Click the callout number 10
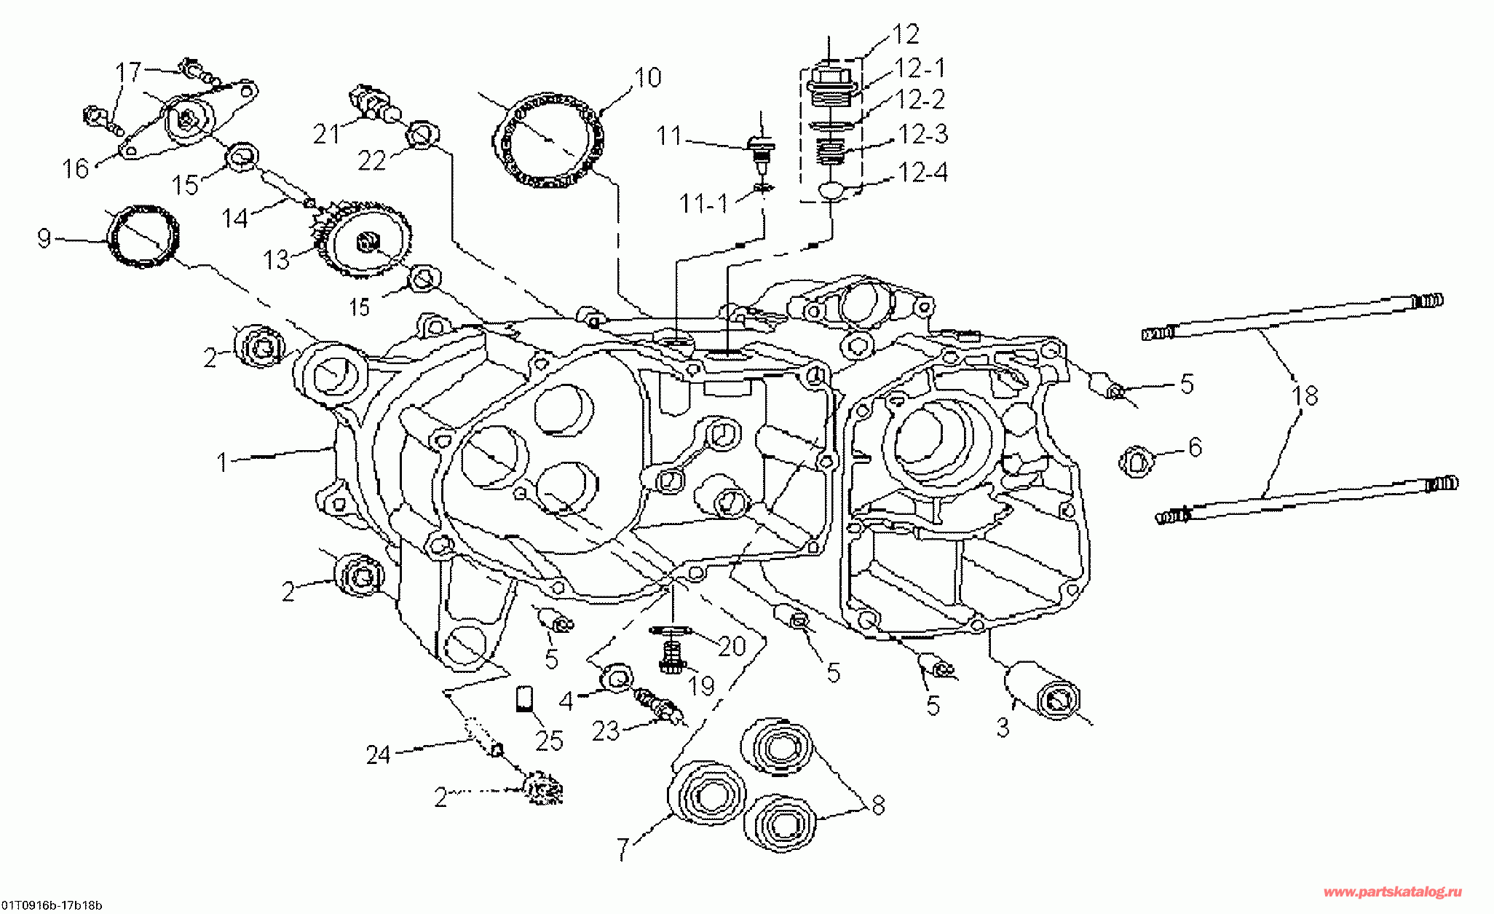coord(647,77)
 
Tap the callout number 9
coord(44,238)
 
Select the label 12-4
coord(922,173)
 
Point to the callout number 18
coord(1305,395)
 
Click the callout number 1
coord(224,462)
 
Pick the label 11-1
coord(703,204)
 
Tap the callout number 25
coord(549,740)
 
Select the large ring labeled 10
coord(550,143)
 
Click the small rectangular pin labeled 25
coord(523,698)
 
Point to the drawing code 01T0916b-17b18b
coord(51,905)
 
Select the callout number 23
coord(605,731)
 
